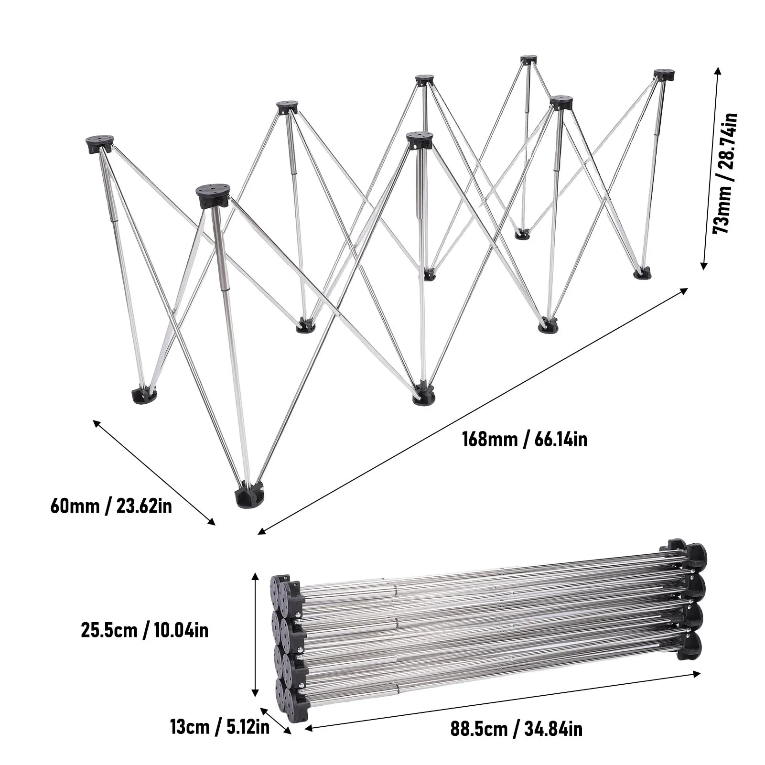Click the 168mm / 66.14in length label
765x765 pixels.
tap(524, 439)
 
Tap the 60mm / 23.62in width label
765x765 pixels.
tap(111, 506)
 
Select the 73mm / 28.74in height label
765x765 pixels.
tap(724, 173)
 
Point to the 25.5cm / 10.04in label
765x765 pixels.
tap(144, 631)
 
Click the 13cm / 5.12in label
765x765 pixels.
tap(219, 727)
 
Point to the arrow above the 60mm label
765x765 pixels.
tap(154, 472)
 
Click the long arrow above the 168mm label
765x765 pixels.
tap(473, 411)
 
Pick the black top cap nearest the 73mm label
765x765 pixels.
tap(664, 75)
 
